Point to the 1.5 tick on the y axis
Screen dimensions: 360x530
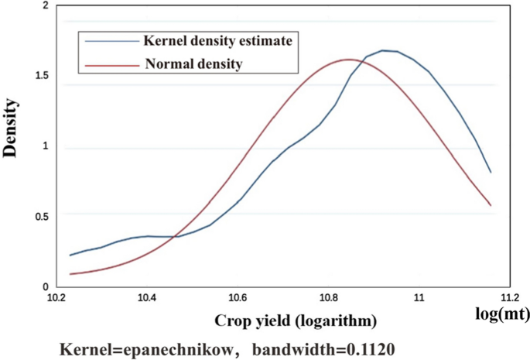point(40,75)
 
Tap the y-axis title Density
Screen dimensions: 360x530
point(12,129)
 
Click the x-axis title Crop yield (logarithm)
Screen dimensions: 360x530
point(283,320)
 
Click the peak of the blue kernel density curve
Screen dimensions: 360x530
point(385,50)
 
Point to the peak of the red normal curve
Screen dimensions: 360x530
point(348,59)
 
